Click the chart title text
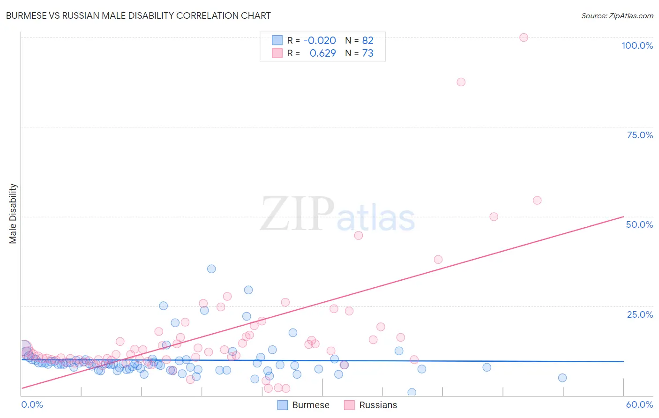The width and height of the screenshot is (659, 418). tap(138, 15)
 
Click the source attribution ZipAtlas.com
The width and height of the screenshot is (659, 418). tap(617, 15)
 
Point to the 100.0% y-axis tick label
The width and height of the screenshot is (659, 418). tap(637, 45)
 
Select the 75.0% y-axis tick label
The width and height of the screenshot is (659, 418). tap(640, 135)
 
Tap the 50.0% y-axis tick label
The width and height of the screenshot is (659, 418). tap(639, 224)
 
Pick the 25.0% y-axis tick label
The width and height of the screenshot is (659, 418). tap(640, 314)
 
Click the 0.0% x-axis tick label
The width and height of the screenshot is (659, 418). tap(32, 404)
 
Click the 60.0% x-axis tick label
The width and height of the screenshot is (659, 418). tap(639, 404)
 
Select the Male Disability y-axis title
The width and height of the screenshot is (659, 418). tap(13, 214)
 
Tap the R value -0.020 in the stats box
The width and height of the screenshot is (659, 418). tap(320, 40)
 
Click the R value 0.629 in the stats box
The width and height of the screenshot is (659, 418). tap(322, 53)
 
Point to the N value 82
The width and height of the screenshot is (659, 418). tap(367, 40)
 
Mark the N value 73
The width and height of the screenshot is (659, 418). tap(367, 53)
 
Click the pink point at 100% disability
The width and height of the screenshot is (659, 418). tap(524, 37)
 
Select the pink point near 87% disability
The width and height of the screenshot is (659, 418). tap(461, 82)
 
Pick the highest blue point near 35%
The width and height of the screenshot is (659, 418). tap(211, 269)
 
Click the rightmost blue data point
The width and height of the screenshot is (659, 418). tap(562, 378)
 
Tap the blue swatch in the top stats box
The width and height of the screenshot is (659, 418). tap(277, 40)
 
